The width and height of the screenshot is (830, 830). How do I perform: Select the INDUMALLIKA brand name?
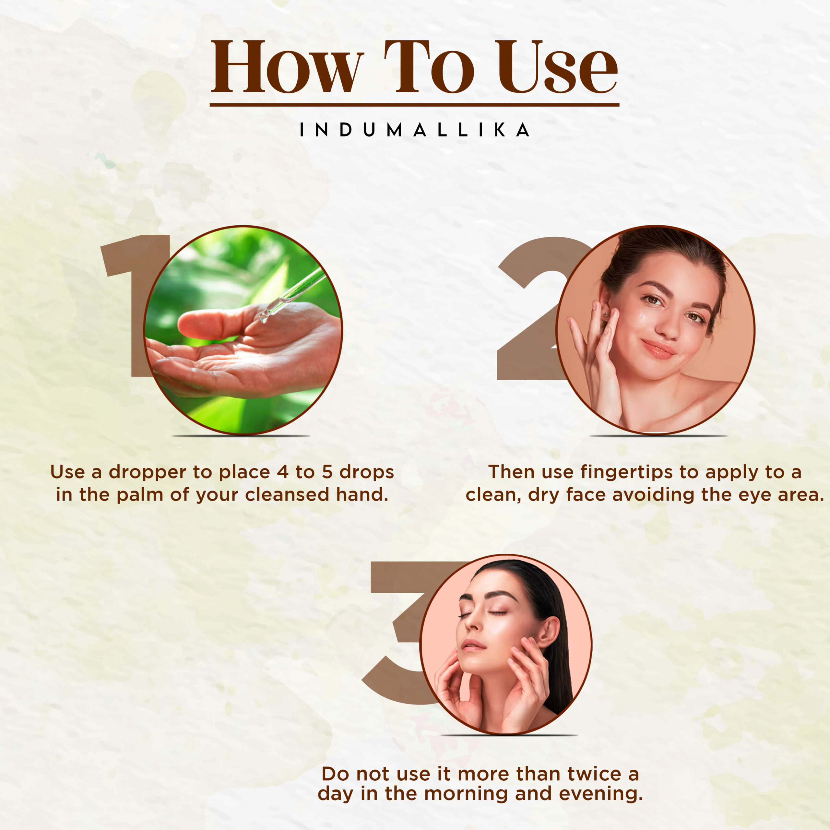(x=415, y=130)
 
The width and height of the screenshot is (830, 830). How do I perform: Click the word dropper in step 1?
(x=147, y=472)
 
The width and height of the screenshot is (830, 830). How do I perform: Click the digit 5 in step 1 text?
(x=327, y=472)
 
